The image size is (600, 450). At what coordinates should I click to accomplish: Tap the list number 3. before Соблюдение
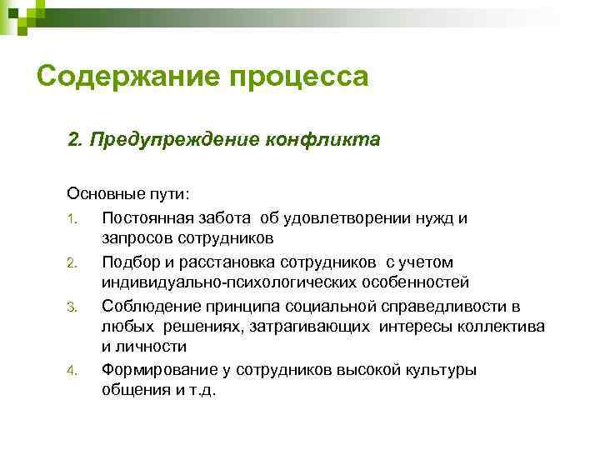(72, 306)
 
